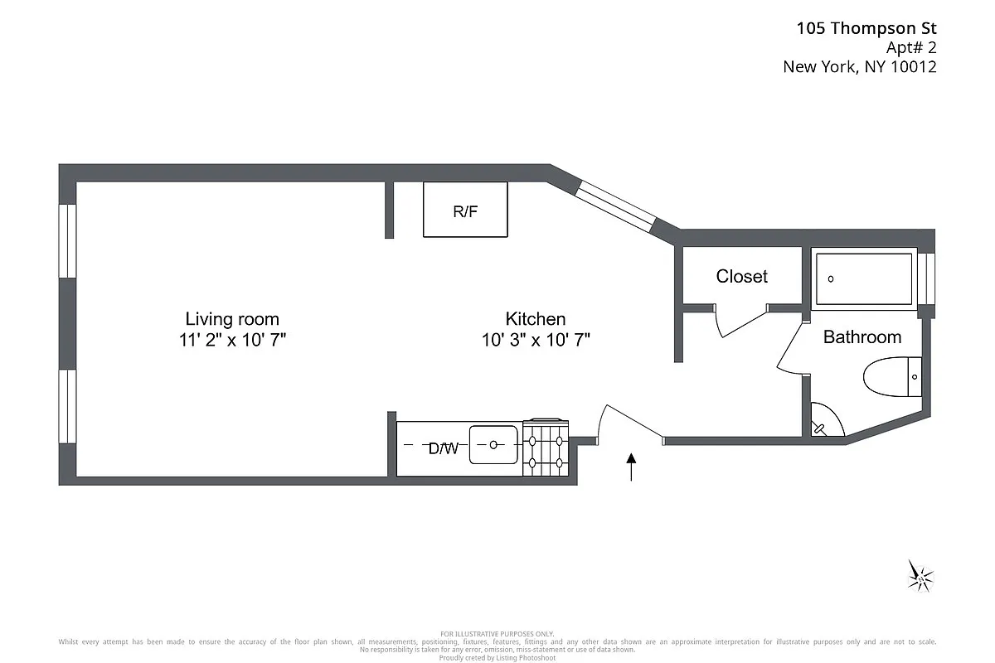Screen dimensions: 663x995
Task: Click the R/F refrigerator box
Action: (465, 211)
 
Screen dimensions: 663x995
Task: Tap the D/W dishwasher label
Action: (444, 448)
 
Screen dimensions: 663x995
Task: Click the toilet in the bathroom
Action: (892, 377)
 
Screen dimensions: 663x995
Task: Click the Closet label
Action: (742, 276)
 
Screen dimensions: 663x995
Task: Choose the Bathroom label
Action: (862, 337)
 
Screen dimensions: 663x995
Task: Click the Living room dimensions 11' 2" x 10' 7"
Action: (232, 339)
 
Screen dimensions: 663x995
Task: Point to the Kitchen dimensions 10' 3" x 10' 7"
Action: (536, 339)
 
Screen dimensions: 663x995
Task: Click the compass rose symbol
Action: (920, 575)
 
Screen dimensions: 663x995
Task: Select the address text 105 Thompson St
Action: (866, 28)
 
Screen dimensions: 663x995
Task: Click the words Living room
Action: (232, 319)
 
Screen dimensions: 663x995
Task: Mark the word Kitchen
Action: (536, 319)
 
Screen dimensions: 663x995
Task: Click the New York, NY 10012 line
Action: (860, 67)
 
